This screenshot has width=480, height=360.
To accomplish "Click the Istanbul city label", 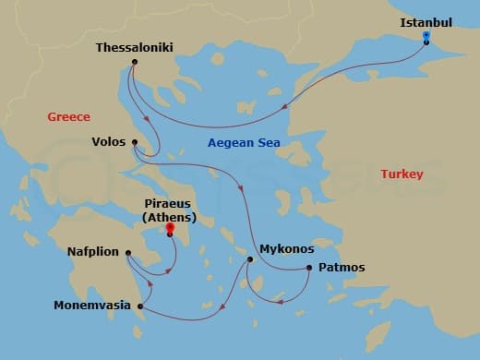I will click(426, 22).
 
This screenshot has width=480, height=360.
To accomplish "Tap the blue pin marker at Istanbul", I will click(426, 37).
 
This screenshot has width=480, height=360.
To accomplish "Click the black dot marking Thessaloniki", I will click(135, 63).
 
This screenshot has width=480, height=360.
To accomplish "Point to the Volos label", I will click(110, 143).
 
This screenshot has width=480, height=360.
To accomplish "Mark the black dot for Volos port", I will click(135, 142).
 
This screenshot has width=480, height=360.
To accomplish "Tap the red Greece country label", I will click(69, 116).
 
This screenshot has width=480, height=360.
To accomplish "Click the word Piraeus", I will click(169, 204).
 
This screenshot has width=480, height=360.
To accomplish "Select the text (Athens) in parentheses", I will click(169, 217).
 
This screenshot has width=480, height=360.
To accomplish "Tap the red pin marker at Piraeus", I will click(170, 228).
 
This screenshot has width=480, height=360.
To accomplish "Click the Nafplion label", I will click(95, 250).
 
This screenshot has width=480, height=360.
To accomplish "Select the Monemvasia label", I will click(91, 306).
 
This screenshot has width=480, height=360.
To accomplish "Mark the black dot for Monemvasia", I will click(140, 306).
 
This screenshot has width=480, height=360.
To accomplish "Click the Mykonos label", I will click(287, 249).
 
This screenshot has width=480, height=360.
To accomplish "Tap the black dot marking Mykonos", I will click(250, 259).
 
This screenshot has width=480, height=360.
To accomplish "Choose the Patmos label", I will click(342, 268).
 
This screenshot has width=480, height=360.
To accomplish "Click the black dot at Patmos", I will click(307, 268).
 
